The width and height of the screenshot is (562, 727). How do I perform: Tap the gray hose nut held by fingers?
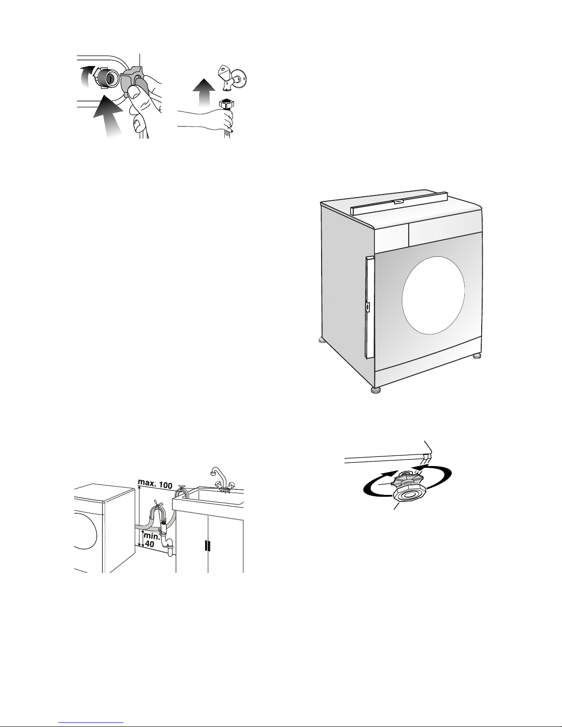[132, 83]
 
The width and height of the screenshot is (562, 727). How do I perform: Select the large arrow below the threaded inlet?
[108, 117]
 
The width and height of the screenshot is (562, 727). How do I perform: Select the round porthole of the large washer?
[433, 295]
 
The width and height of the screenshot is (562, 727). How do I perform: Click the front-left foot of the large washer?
[376, 390]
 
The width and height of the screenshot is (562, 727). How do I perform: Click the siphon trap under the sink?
[167, 544]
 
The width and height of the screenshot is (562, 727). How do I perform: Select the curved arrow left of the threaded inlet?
[86, 76]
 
